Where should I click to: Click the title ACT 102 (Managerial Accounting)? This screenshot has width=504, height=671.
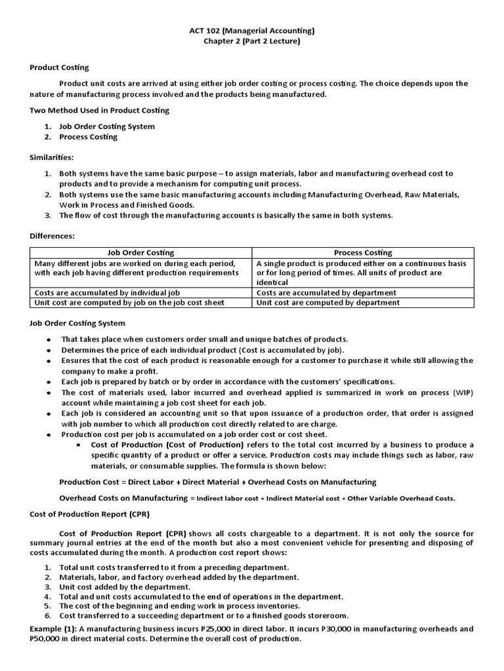(x=252, y=30)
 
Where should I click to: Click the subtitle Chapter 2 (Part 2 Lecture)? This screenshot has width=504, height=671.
(x=252, y=42)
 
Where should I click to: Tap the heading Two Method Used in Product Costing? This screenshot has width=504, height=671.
(x=99, y=110)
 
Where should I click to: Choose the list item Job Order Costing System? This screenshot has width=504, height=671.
(x=107, y=126)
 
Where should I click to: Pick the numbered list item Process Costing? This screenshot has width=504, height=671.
(x=88, y=137)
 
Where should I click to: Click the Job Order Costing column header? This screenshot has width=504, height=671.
(x=141, y=252)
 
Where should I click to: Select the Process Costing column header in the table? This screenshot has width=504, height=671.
(x=363, y=252)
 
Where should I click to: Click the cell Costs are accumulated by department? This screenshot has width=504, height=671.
(x=326, y=292)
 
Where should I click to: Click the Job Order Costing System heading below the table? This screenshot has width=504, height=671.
(x=77, y=323)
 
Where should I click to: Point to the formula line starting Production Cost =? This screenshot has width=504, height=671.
(x=218, y=482)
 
